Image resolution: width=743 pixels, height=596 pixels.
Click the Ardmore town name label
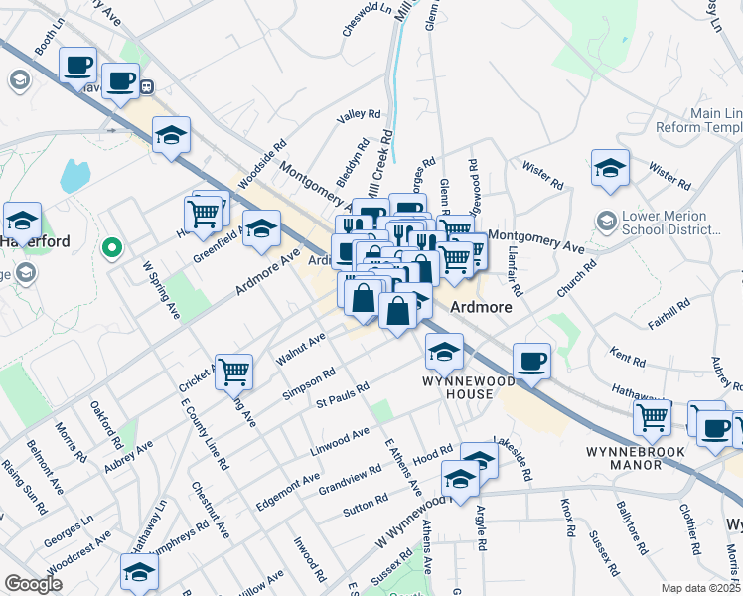coord(482,307)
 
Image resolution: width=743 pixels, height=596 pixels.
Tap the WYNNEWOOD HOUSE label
coord(458,387)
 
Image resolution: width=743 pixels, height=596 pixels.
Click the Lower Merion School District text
coord(678,225)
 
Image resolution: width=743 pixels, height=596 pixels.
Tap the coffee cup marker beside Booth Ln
coord(77,67)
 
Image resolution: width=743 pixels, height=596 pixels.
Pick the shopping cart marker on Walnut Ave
coord(233,372)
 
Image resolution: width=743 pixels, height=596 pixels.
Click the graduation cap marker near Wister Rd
coord(610,168)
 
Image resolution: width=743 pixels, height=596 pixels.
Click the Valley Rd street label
coord(359,115)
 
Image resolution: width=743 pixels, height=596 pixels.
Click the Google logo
coord(33,584)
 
